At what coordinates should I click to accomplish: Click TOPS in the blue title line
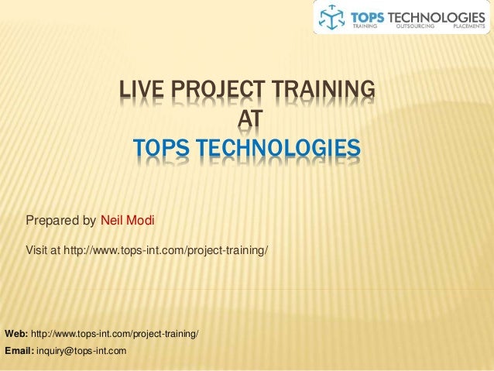161,147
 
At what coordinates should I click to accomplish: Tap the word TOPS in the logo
374,14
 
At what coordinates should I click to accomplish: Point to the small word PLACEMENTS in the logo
469,26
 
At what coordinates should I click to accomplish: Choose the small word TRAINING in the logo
365,26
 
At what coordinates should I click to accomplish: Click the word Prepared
52,221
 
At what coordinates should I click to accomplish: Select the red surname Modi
142,221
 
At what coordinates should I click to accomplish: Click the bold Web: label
16,334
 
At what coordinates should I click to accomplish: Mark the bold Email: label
19,351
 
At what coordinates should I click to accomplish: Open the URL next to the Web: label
114,334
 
